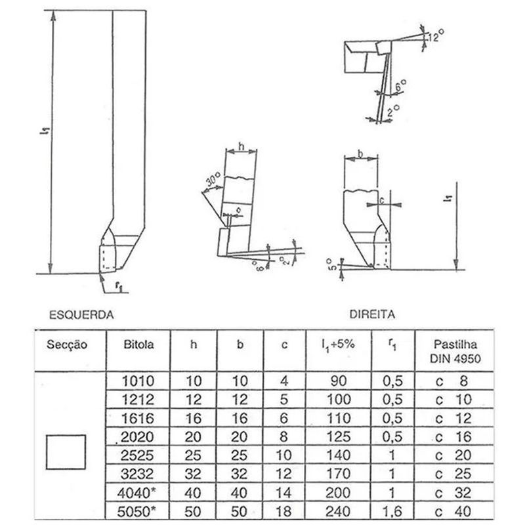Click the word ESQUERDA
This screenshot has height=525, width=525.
click(x=82, y=314)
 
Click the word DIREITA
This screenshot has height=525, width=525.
click(x=372, y=314)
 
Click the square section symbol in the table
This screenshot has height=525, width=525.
click(x=66, y=451)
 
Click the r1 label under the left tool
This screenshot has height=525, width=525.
click(x=118, y=286)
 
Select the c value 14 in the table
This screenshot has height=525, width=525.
click(x=284, y=492)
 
